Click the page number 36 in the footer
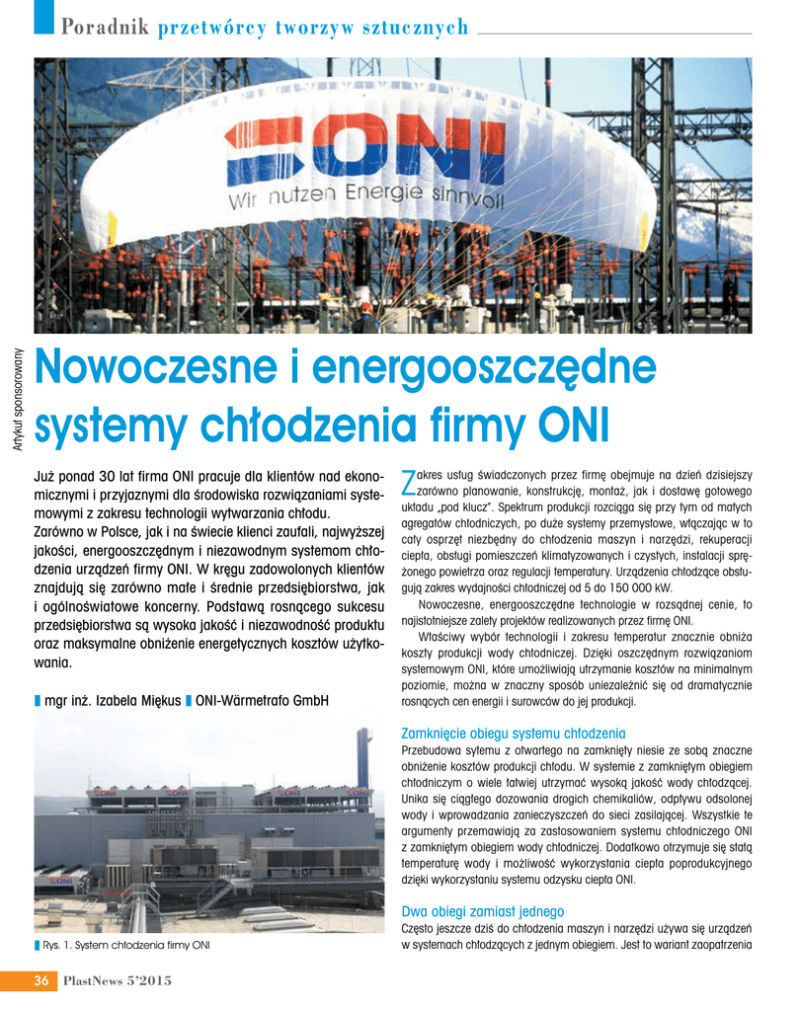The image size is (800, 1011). click(x=42, y=980)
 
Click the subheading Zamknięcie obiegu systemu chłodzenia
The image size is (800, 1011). click(x=514, y=734)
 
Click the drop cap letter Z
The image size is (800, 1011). click(x=410, y=482)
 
